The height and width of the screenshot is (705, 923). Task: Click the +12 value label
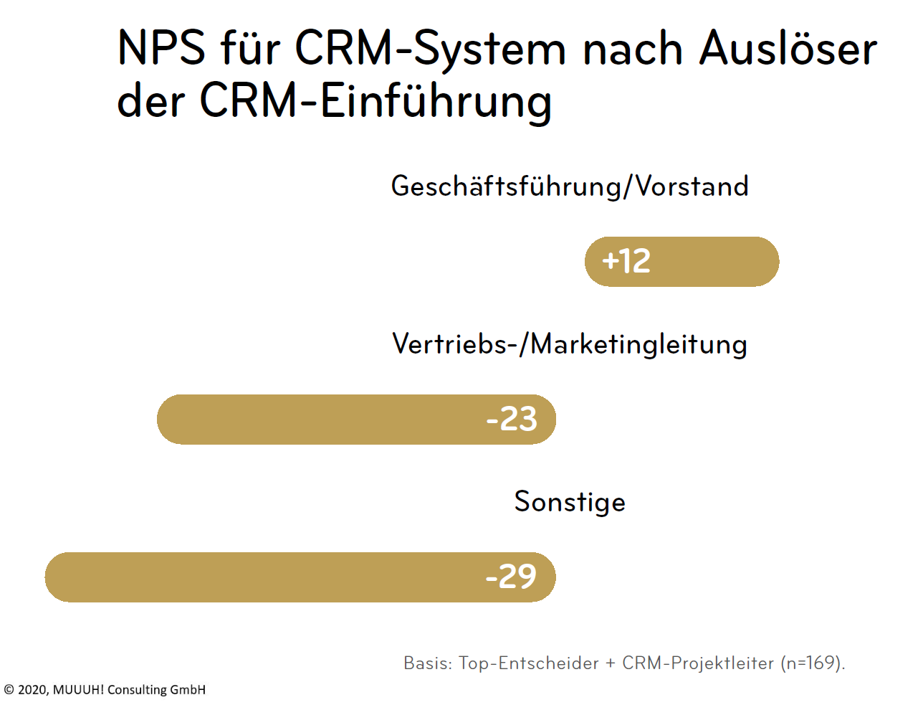pyautogui.click(x=626, y=262)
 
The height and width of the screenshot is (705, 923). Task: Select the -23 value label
pyautogui.click(x=512, y=420)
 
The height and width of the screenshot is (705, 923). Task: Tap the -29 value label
pyautogui.click(x=511, y=577)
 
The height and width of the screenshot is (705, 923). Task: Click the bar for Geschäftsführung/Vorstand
pyautogui.click(x=709, y=262)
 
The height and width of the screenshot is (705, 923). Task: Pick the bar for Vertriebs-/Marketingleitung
pyautogui.click(x=322, y=420)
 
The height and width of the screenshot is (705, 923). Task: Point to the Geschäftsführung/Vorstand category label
pyautogui.click(x=570, y=186)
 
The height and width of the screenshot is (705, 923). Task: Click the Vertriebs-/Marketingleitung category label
pyautogui.click(x=570, y=344)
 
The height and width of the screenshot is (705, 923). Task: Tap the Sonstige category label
pyautogui.click(x=570, y=502)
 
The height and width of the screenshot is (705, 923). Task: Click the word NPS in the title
pyautogui.click(x=161, y=49)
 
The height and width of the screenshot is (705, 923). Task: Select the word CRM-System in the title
pyautogui.click(x=430, y=49)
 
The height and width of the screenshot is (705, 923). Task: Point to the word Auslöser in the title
pyautogui.click(x=788, y=49)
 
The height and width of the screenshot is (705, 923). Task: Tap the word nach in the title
pyautogui.click(x=632, y=49)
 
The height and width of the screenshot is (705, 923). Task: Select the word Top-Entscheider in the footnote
pyautogui.click(x=528, y=663)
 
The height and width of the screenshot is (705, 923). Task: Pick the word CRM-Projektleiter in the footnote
pyautogui.click(x=697, y=663)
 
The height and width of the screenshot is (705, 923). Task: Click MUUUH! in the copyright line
pyautogui.click(x=78, y=690)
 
